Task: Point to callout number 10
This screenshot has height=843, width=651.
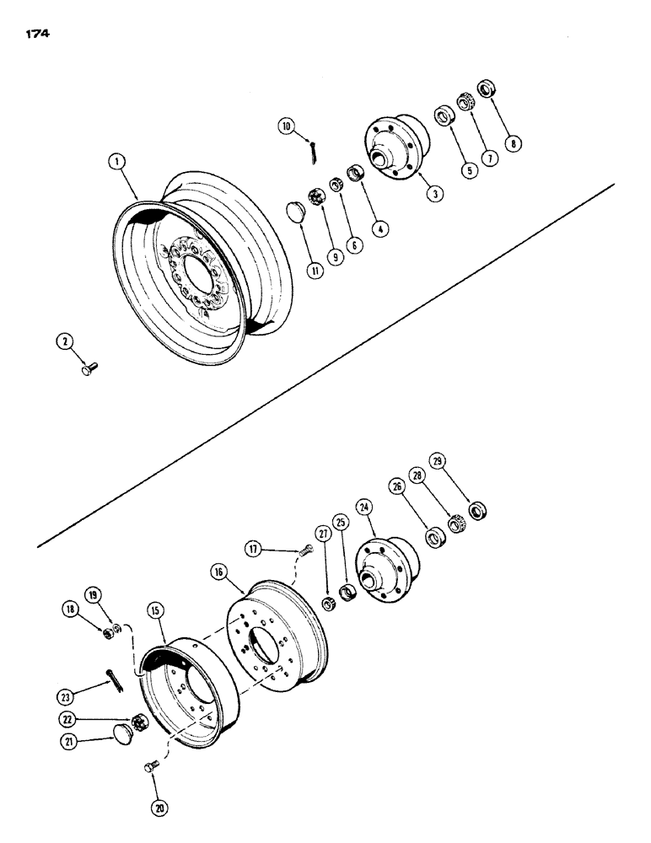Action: (288, 126)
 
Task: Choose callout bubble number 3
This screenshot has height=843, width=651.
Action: (434, 194)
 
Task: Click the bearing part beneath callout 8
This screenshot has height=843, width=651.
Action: (486, 88)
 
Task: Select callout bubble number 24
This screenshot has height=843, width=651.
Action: (364, 509)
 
